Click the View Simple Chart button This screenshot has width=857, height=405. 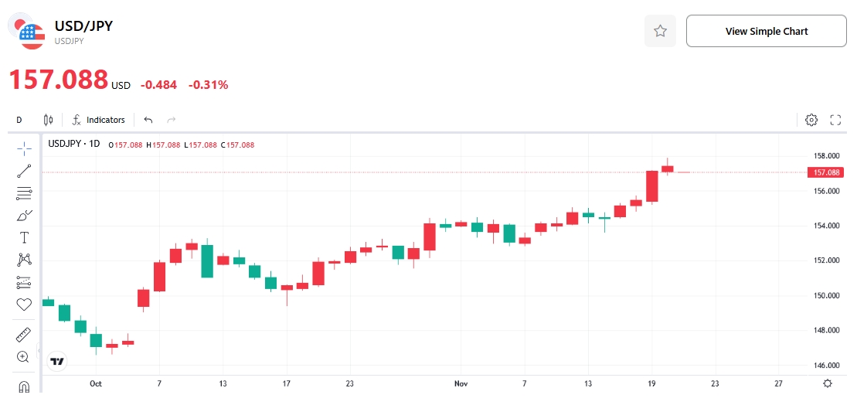pyautogui.click(x=766, y=31)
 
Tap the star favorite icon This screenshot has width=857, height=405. pyautogui.click(x=660, y=31)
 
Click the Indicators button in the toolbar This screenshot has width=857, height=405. pyautogui.click(x=98, y=120)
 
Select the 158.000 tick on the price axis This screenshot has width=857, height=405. pyautogui.click(x=827, y=155)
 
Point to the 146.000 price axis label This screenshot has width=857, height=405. pyautogui.click(x=827, y=365)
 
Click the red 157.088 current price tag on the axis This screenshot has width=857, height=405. pyautogui.click(x=827, y=172)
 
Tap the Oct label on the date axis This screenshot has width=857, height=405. pyautogui.click(x=96, y=383)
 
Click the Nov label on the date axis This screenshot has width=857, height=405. pyautogui.click(x=461, y=383)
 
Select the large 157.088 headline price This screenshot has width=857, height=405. pyautogui.click(x=58, y=80)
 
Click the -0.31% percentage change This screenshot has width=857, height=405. pyautogui.click(x=208, y=85)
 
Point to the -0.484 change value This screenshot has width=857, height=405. pyautogui.click(x=158, y=85)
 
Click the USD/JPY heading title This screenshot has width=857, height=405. pyautogui.click(x=83, y=26)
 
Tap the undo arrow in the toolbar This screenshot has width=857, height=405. pyautogui.click(x=148, y=120)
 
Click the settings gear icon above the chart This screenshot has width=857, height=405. pyautogui.click(x=811, y=120)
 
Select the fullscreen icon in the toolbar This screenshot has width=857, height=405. pyautogui.click(x=835, y=120)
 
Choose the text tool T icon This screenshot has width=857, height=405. pyautogui.click(x=24, y=237)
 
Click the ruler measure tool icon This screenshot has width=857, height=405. pyautogui.click(x=24, y=335)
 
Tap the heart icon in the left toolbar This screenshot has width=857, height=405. pyautogui.click(x=24, y=305)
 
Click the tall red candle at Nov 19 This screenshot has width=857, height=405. pyautogui.click(x=652, y=186)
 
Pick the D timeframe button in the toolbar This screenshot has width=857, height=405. pyautogui.click(x=19, y=120)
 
